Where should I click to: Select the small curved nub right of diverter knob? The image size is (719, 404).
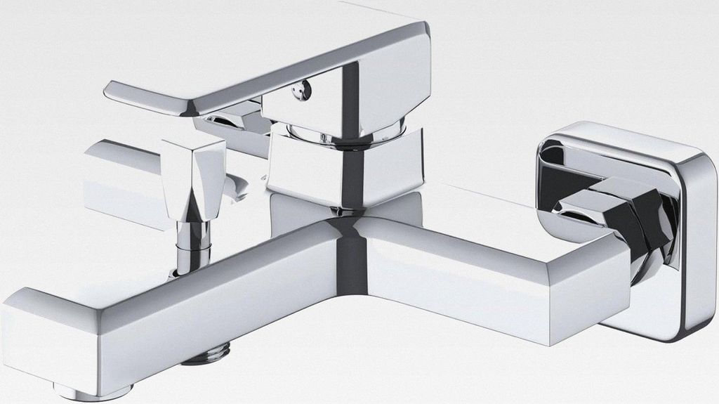239,186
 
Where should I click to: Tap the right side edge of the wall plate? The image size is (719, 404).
702,239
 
